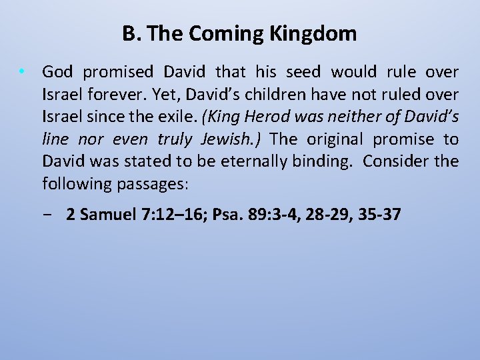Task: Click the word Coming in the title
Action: [220, 34]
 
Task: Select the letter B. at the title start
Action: [131, 33]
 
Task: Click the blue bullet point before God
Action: [23, 71]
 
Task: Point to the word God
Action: [57, 71]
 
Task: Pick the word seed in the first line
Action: [304, 71]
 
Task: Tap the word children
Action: [265, 94]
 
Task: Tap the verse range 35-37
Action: [380, 215]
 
